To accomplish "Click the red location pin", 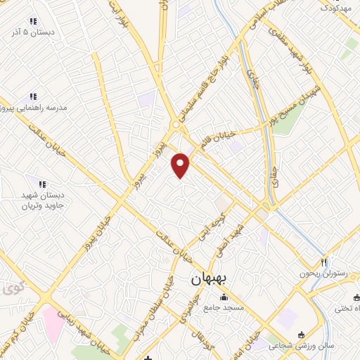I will pyautogui.click(x=181, y=165).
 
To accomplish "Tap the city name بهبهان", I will pyautogui.click(x=210, y=278).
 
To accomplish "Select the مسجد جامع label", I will pyautogui.click(x=224, y=308).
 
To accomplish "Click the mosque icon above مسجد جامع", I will pyautogui.click(x=224, y=297).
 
